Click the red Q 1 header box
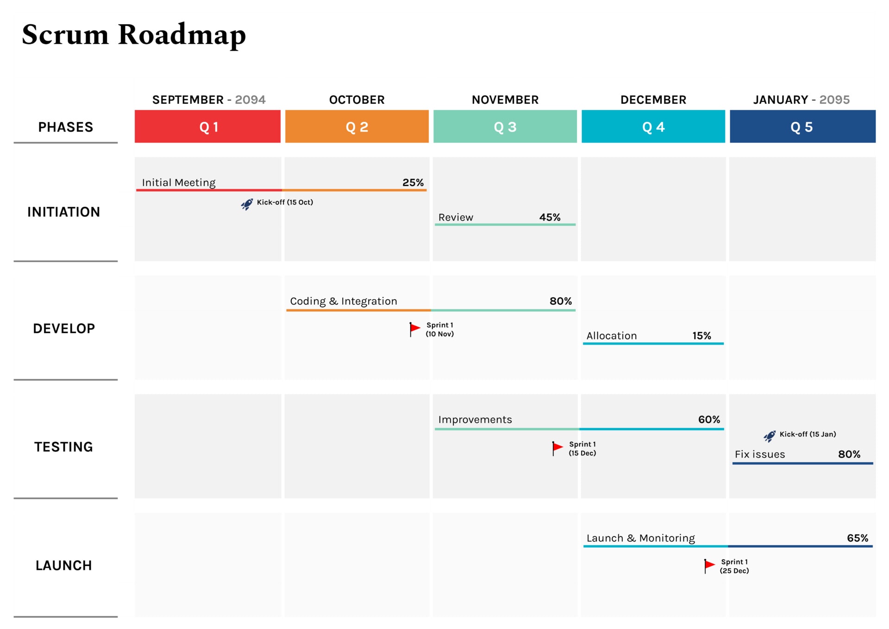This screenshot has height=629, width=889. tap(207, 126)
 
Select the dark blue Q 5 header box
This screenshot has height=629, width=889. tap(802, 126)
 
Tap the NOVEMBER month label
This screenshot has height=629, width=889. tap(505, 100)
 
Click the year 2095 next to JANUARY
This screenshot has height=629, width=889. tap(834, 100)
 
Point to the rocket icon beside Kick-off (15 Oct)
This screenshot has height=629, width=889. tap(247, 204)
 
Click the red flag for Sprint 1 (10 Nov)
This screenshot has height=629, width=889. tap(414, 329)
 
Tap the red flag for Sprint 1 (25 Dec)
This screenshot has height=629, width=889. tap(709, 565)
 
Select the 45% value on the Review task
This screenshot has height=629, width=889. tap(550, 217)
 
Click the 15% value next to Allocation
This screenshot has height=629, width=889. tap(701, 336)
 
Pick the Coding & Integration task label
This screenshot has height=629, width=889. tap(343, 301)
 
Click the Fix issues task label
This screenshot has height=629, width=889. tap(759, 454)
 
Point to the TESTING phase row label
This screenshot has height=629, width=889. tap(63, 447)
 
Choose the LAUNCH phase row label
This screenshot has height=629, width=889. tap(63, 565)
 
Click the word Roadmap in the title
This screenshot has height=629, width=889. tap(182, 35)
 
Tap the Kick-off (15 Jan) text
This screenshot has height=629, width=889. tap(808, 434)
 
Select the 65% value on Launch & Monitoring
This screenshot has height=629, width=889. tap(857, 538)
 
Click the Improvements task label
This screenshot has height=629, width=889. tap(475, 420)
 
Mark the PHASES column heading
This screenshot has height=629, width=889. tap(65, 127)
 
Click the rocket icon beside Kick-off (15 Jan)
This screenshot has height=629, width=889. tap(769, 436)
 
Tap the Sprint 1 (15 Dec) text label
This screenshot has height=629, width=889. tap(582, 448)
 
